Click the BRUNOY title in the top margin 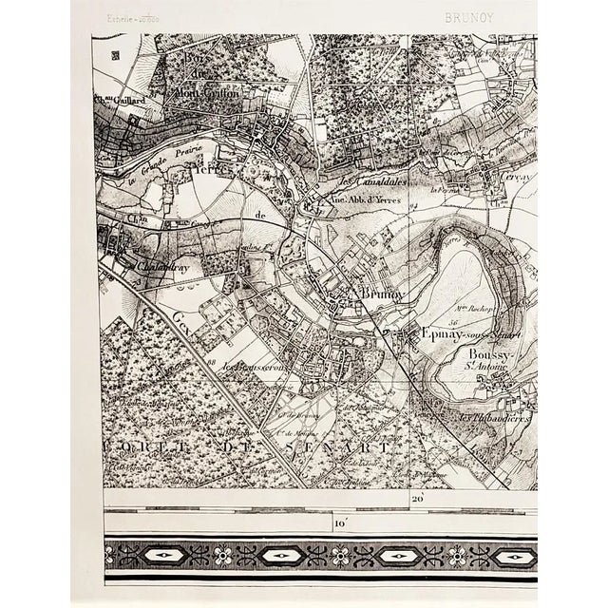pos(466,17)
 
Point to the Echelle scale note pos(133,18)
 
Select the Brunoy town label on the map pos(382,295)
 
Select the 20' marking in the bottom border pos(417,498)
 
